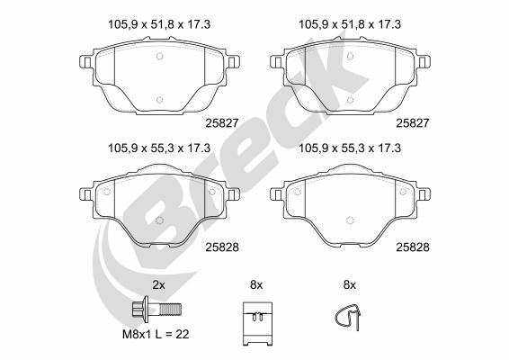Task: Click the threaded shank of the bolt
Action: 171,309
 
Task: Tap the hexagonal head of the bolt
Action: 138,309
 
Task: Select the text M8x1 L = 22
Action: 156,334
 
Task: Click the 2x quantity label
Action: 159,285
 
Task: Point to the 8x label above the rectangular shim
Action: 256,285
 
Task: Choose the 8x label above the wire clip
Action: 350,285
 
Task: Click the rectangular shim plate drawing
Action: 257,324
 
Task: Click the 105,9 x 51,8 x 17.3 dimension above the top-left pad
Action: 159,24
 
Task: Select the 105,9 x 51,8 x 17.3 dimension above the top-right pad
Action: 350,24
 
